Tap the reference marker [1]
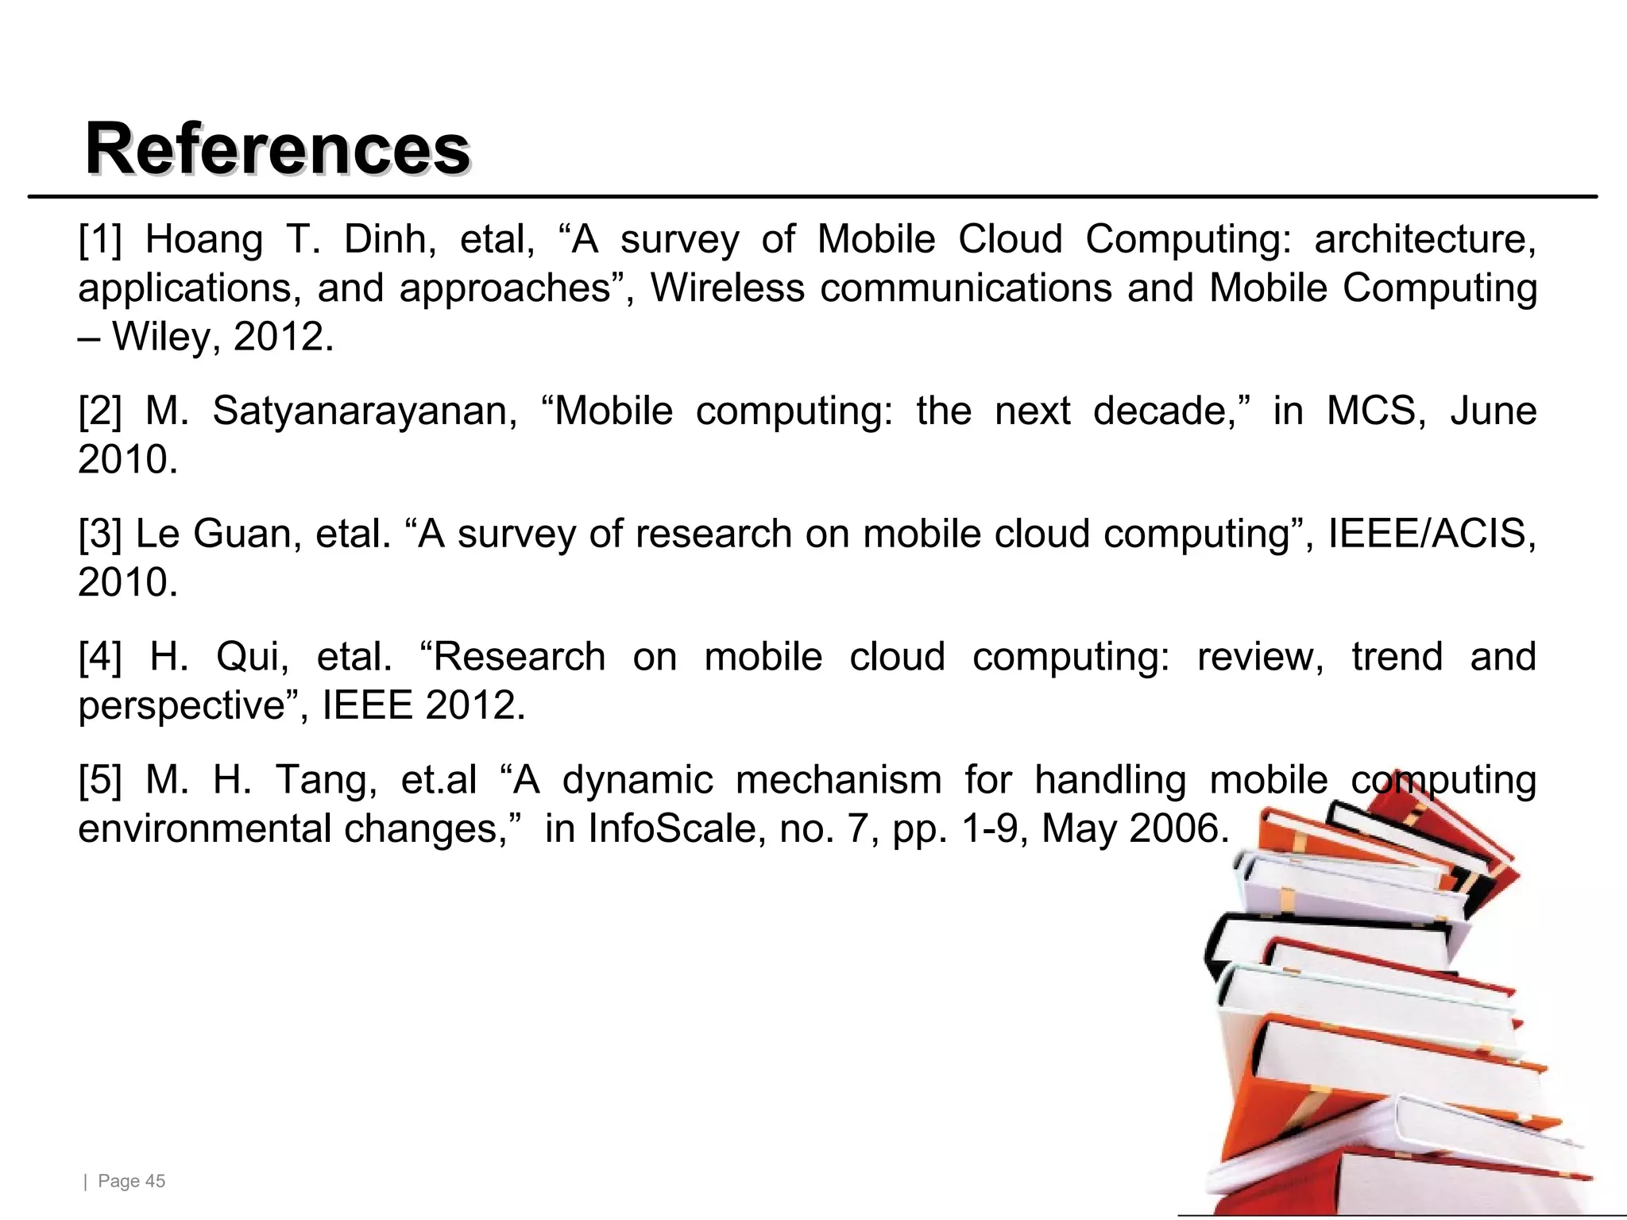pos(100,239)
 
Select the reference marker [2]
pos(100,411)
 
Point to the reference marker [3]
pos(100,534)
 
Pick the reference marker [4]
pos(100,657)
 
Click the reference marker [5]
pos(100,780)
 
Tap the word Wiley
pos(162,337)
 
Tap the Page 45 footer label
pos(131,1181)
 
